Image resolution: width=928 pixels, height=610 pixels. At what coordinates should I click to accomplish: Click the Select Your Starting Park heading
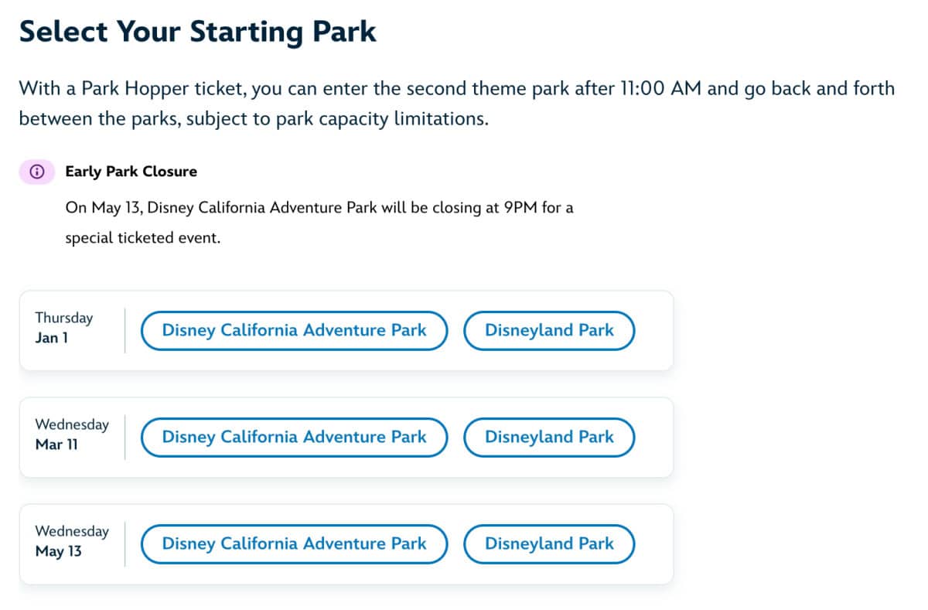point(197,31)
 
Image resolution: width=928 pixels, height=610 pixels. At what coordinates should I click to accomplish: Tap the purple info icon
point(36,172)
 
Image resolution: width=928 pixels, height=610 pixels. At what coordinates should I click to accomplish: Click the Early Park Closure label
point(131,172)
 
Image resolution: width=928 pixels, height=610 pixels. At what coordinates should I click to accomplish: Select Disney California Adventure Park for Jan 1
point(294,331)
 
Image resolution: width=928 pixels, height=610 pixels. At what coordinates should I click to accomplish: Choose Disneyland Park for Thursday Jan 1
point(549,331)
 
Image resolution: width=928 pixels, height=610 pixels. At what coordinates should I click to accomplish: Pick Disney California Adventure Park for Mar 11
point(294,438)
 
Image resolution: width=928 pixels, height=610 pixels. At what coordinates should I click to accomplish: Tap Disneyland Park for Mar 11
point(549,438)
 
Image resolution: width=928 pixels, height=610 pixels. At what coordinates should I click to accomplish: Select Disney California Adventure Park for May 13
point(294,544)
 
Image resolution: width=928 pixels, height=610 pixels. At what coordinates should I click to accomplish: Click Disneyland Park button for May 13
point(549,544)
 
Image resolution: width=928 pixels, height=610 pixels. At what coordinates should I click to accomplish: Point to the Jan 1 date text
point(52,339)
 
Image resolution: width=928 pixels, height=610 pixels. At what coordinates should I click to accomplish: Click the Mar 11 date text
point(56,445)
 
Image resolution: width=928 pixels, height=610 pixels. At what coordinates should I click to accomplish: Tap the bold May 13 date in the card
point(58,552)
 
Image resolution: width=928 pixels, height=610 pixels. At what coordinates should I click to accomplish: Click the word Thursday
point(64,318)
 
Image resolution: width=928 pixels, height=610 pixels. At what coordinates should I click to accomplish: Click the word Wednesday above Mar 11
point(72,424)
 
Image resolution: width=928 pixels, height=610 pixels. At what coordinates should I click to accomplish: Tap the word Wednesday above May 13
point(72,531)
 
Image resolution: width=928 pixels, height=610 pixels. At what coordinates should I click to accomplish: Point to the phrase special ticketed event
point(142,238)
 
